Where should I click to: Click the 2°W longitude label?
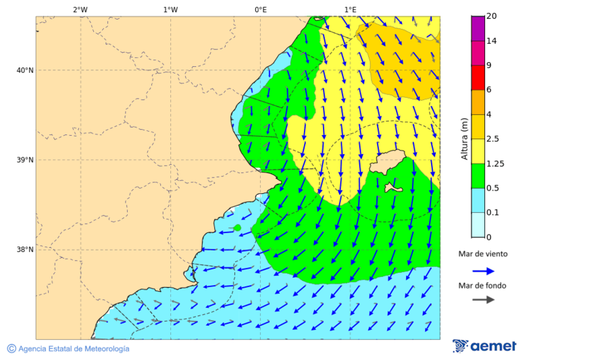[80, 9]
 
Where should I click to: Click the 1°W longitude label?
[170, 9]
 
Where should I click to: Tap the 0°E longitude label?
[260, 9]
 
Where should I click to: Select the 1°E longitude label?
[350, 9]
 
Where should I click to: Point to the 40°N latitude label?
[24, 70]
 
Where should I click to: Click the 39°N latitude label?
[24, 160]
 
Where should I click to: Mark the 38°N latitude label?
[24, 250]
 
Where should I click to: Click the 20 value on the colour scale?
[492, 16]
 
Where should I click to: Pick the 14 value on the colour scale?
[492, 41]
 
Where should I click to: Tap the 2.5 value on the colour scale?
[494, 139]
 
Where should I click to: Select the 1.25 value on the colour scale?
[496, 163]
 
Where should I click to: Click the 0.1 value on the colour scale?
[494, 213]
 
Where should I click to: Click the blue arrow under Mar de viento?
[483, 271]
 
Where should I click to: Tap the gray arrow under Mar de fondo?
[483, 300]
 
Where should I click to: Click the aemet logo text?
[493, 346]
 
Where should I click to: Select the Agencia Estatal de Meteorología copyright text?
[74, 349]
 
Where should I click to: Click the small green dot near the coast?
[237, 228]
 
